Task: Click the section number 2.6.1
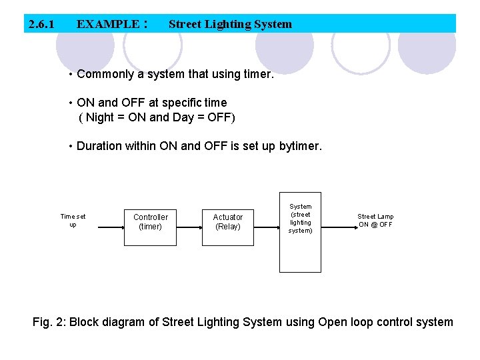(x=41, y=25)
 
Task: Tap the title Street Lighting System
(x=230, y=25)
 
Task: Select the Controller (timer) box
(x=151, y=222)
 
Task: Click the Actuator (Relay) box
(x=228, y=222)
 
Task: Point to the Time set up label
(x=73, y=220)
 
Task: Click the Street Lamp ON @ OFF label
(x=375, y=221)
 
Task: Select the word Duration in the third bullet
(x=99, y=146)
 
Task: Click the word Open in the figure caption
(x=333, y=322)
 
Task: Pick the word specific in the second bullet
(x=175, y=103)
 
